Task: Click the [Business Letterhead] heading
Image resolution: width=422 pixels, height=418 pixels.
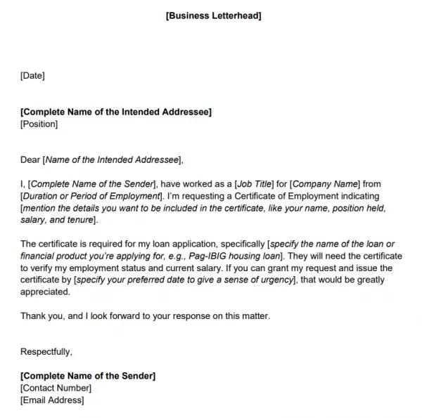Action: (x=213, y=15)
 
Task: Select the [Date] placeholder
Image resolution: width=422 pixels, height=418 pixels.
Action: (x=32, y=75)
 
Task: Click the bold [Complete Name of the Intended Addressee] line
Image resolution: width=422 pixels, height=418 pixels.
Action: (x=116, y=112)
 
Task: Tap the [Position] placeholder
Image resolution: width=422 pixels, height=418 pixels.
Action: (x=39, y=124)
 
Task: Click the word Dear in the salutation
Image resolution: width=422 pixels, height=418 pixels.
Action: (x=31, y=159)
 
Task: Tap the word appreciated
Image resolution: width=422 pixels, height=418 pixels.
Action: (x=46, y=292)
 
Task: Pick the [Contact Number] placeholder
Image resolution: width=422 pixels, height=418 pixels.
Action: (x=56, y=388)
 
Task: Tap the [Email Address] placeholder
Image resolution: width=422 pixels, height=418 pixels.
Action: (x=53, y=400)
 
